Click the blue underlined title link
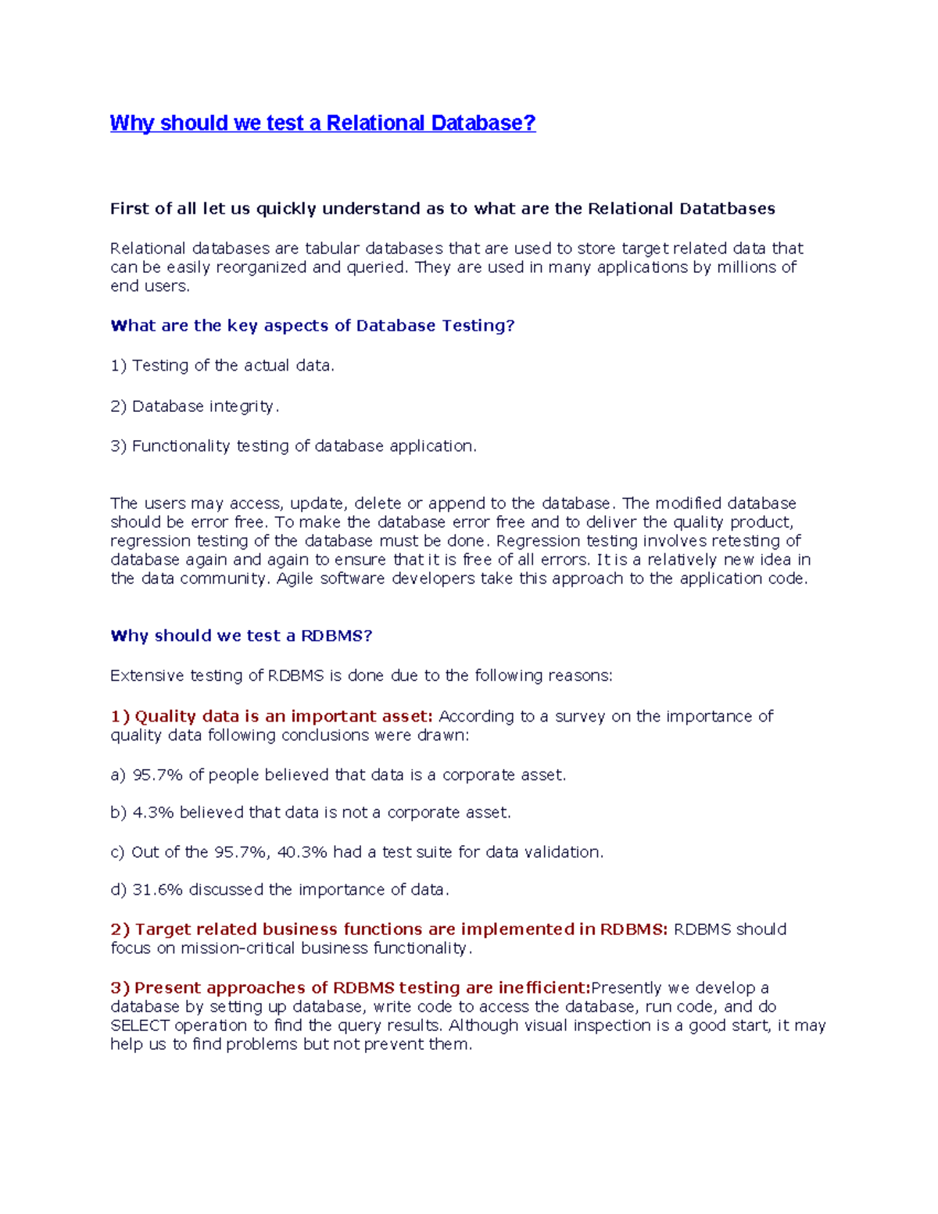[323, 124]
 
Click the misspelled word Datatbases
[727, 209]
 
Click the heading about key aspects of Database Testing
[313, 326]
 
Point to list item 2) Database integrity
[195, 406]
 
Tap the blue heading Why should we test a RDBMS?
[242, 636]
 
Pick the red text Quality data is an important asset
[283, 717]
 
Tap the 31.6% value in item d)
[157, 890]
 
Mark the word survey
[580, 717]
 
